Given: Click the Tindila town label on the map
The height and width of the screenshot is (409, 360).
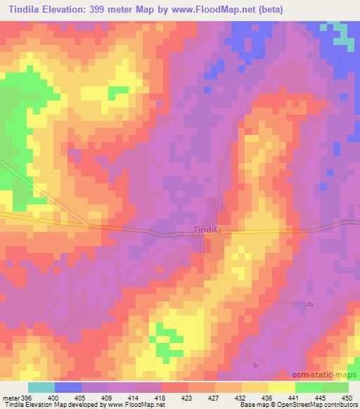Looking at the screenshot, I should (207, 230).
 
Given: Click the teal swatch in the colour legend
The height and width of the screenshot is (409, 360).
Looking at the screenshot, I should (41, 388).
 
